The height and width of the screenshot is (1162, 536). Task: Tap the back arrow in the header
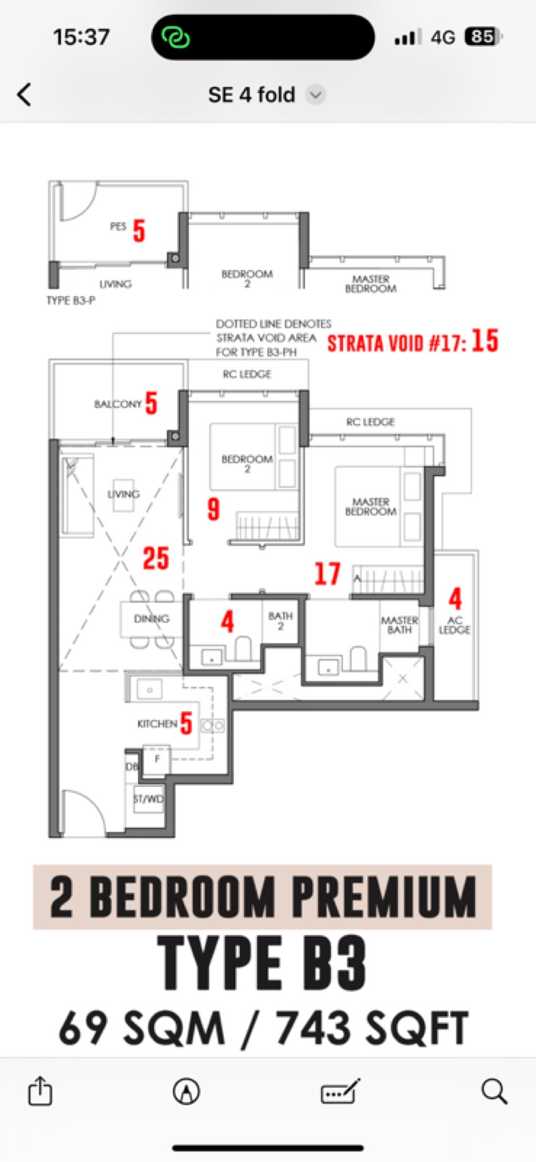(24, 94)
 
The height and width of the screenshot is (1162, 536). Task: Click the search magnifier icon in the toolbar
(494, 1091)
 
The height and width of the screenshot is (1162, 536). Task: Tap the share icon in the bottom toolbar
(40, 1090)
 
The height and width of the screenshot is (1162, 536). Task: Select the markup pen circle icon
(186, 1091)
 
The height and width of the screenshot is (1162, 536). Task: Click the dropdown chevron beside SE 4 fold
(316, 95)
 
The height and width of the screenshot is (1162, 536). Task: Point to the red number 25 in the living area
(155, 558)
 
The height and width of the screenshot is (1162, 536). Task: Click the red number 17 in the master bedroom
(328, 573)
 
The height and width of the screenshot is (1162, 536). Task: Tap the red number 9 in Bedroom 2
(213, 509)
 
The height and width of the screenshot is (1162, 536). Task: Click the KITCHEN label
(157, 723)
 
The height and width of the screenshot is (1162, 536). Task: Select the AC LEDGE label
(454, 625)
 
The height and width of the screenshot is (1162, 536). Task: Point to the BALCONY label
(118, 404)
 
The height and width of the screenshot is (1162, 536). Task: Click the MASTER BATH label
(399, 625)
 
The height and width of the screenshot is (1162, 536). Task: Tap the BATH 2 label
(280, 620)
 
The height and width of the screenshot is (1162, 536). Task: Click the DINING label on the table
(151, 618)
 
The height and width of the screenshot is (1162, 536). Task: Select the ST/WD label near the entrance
(148, 798)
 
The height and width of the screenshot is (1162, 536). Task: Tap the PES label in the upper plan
(118, 226)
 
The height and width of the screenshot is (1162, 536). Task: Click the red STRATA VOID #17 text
(397, 344)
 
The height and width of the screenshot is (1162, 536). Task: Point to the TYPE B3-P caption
(70, 300)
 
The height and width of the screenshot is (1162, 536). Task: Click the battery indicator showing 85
(484, 36)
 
